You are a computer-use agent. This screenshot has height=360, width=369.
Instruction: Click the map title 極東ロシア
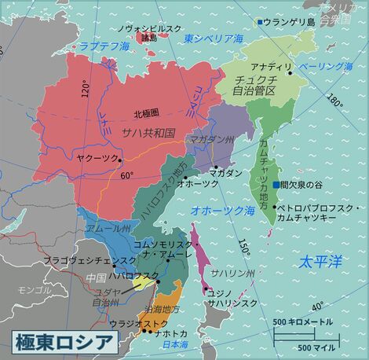65,342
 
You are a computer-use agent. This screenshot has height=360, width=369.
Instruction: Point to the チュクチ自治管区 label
253,85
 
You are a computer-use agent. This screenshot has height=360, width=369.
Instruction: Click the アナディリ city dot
290,73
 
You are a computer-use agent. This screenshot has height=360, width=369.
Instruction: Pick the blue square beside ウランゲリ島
260,21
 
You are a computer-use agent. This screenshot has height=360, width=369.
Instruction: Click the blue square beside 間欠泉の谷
275,185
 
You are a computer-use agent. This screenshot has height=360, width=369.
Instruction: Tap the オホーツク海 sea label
223,210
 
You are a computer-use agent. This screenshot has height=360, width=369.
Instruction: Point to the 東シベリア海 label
214,37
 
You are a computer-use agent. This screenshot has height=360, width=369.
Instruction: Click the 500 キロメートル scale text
303,322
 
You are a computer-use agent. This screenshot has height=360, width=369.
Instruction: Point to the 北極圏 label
146,112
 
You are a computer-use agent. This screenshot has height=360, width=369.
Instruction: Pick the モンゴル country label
35,290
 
